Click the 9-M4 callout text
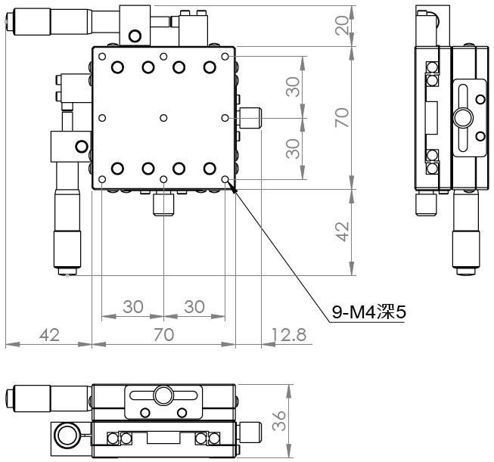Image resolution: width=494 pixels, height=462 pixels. point(369,312)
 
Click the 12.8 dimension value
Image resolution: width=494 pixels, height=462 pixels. point(288,334)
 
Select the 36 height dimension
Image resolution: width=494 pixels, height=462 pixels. point(279,420)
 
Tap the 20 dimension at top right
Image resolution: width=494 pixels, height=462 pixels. point(342,26)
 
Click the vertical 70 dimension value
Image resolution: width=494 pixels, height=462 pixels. point(342,117)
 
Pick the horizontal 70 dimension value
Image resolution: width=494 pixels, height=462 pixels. point(164,334)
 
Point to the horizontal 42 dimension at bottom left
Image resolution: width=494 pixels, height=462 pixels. point(49,334)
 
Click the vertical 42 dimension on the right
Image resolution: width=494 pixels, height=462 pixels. point(342,232)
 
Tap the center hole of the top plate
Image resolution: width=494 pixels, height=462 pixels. point(163,118)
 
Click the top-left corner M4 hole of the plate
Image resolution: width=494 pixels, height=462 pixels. point(102,57)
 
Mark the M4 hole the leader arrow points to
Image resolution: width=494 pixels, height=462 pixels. point(225,179)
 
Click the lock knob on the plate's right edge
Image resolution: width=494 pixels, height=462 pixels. point(250,118)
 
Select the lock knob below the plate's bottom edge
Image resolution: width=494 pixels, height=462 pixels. point(163,205)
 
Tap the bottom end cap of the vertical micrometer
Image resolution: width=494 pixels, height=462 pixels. point(67,271)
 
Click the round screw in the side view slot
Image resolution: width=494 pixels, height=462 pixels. point(463,118)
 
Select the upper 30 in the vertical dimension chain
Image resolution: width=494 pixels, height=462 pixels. point(293,87)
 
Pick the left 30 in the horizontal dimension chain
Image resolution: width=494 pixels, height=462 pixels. point(133,306)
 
